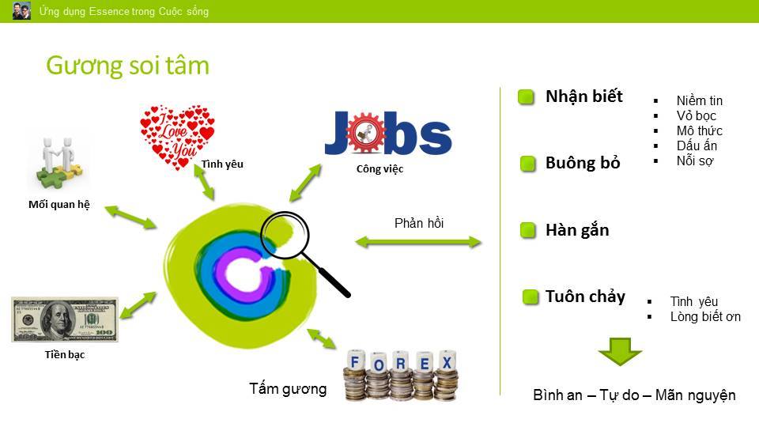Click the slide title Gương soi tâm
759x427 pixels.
(x=128, y=66)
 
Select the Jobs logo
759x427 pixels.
(x=388, y=133)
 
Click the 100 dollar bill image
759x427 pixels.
(x=65, y=320)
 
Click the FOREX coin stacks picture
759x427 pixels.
(x=401, y=375)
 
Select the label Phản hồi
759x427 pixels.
(x=419, y=223)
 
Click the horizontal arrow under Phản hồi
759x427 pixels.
(x=418, y=242)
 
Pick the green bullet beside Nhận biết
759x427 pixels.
(x=526, y=96)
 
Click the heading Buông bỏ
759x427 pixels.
(x=583, y=163)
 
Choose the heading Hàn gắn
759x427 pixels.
(x=577, y=230)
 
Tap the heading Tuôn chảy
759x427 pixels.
(x=585, y=297)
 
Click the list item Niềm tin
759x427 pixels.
(x=700, y=100)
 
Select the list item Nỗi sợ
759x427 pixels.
(x=695, y=161)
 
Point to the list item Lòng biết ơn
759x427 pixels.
(x=705, y=316)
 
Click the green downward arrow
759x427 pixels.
(x=620, y=351)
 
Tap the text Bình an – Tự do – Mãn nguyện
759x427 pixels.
(x=634, y=395)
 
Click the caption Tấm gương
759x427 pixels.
(x=288, y=389)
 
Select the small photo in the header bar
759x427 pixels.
(x=21, y=10)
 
